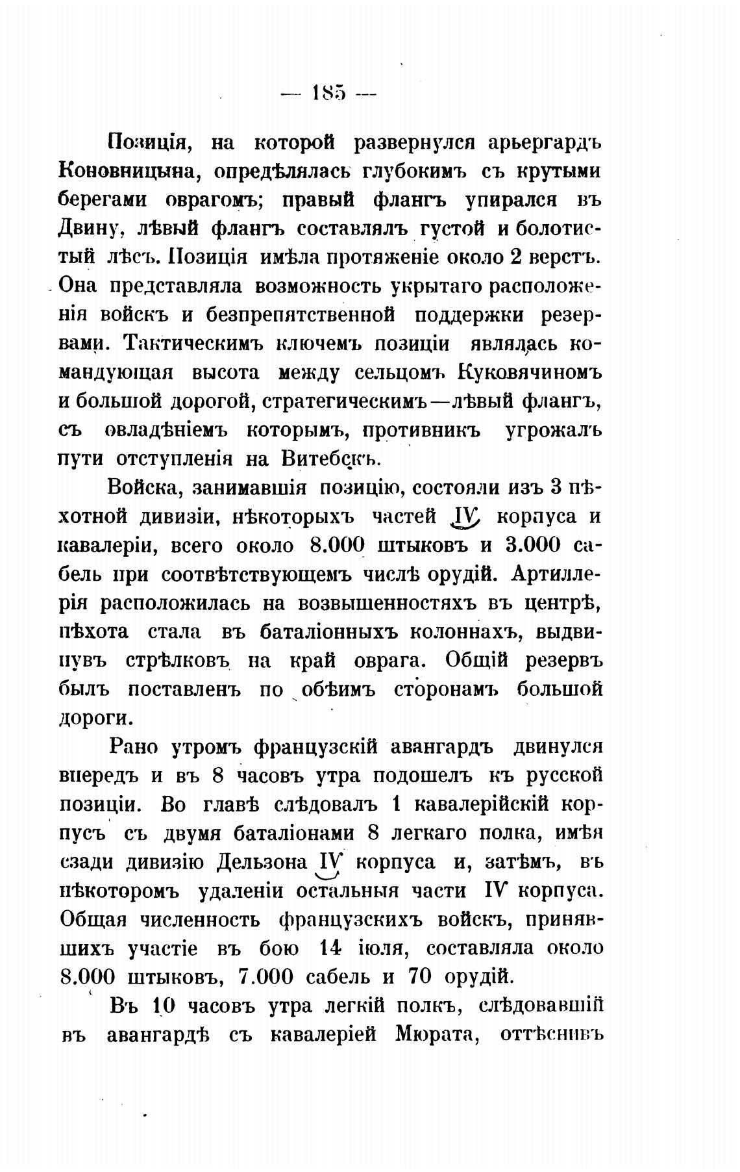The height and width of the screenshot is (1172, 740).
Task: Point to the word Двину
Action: point(89,229)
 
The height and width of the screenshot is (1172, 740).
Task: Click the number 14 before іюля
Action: point(330,948)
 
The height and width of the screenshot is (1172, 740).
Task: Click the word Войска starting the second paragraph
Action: point(149,487)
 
